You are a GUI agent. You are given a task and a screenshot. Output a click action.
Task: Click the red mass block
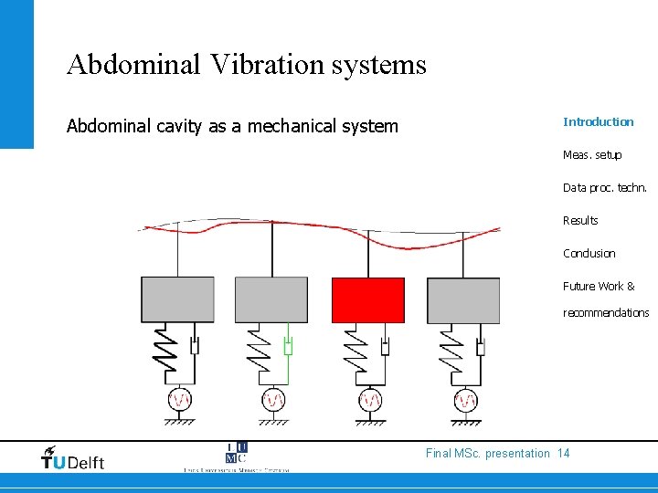coord(367,300)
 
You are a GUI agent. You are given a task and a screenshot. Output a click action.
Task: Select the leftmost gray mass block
coord(177,300)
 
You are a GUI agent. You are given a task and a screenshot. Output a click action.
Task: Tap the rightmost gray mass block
coord(463,300)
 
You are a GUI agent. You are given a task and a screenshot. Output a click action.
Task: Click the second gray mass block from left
coord(271,300)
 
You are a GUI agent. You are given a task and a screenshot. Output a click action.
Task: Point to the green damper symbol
coord(288,347)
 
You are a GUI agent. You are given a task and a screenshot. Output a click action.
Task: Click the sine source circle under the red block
coord(370,400)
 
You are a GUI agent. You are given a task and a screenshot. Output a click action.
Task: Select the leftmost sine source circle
coord(179,400)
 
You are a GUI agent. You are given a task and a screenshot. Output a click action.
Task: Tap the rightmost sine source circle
coord(466,400)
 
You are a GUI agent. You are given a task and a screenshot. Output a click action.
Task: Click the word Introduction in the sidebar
coord(598,122)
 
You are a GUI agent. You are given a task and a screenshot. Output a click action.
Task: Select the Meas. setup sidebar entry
coord(591,155)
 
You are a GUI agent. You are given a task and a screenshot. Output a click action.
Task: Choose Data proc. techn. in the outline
coord(604,188)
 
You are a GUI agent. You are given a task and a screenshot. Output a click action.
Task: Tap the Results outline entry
coord(580,221)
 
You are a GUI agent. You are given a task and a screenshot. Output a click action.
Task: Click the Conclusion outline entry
coord(589,254)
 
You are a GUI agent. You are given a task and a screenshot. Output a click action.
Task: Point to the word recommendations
coord(605,313)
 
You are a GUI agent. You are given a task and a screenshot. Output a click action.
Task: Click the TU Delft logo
coord(73,458)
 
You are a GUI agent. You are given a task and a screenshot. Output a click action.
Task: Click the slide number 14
coord(563,454)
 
